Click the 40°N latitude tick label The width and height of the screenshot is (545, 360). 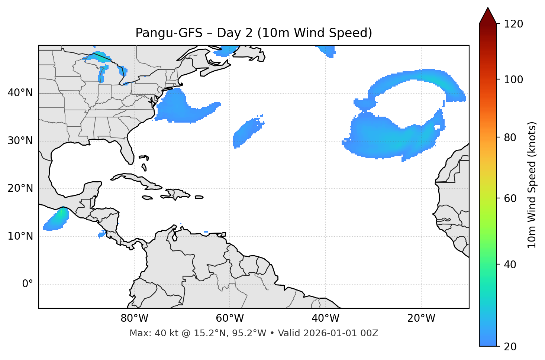pos(20,93)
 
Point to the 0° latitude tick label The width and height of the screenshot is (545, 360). pos(27,284)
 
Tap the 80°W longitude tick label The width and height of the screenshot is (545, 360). pos(134,318)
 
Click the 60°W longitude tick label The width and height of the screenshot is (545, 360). pos(230,318)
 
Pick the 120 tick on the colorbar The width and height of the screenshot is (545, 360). pos(513,24)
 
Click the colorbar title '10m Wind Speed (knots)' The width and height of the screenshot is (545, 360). pos(532,185)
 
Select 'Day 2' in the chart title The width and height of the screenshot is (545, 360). pos(234,33)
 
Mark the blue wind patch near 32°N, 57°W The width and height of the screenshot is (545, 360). pos(246,132)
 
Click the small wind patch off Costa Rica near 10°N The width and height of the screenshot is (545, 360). pos(101,235)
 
